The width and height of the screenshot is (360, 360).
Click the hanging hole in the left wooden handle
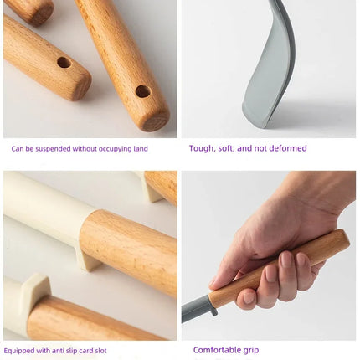click(x=64, y=63)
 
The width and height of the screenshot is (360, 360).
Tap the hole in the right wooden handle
click(x=143, y=91)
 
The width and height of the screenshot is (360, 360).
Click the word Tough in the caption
click(x=202, y=148)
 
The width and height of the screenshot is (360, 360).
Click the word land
click(x=140, y=148)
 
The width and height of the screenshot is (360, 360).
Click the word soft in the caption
click(x=227, y=148)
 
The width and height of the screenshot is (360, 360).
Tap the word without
click(x=82, y=148)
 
